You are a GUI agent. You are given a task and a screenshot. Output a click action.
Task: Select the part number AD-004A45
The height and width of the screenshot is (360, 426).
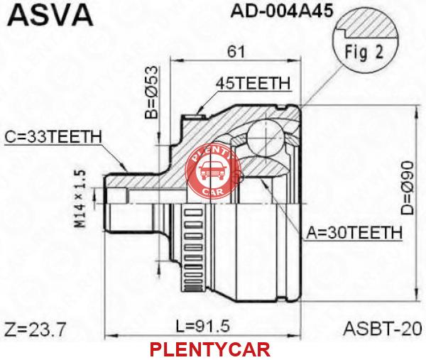(x=282, y=11)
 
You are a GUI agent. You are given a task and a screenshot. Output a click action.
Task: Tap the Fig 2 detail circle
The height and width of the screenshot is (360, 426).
(x=366, y=40)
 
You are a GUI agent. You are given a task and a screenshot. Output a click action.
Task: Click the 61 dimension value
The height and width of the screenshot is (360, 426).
(x=236, y=51)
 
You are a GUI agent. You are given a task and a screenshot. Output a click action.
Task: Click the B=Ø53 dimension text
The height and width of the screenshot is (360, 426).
(x=151, y=92)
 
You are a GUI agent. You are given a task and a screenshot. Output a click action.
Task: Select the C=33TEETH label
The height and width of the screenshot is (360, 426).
(x=53, y=137)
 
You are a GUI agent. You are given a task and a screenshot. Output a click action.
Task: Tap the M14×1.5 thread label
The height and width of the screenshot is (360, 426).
(x=81, y=198)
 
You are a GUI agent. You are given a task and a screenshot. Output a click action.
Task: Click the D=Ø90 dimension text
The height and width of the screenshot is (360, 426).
(x=408, y=188)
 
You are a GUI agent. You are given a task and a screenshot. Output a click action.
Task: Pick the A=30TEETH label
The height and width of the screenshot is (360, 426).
(x=354, y=232)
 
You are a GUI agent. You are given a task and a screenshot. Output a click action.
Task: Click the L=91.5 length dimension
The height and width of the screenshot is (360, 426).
(x=203, y=326)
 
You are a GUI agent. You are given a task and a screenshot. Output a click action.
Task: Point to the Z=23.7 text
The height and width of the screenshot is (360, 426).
(x=35, y=329)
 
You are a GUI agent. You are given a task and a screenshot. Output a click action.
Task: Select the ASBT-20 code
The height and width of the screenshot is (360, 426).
(x=383, y=329)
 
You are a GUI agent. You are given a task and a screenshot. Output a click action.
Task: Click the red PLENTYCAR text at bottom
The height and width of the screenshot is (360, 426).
(x=210, y=349)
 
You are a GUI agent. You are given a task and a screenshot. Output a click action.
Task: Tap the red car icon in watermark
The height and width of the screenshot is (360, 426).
(x=212, y=170)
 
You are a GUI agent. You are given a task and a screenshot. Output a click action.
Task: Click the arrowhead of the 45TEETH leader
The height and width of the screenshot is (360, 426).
(x=199, y=111)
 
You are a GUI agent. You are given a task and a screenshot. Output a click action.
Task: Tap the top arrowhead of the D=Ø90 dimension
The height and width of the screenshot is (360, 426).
(x=416, y=110)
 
